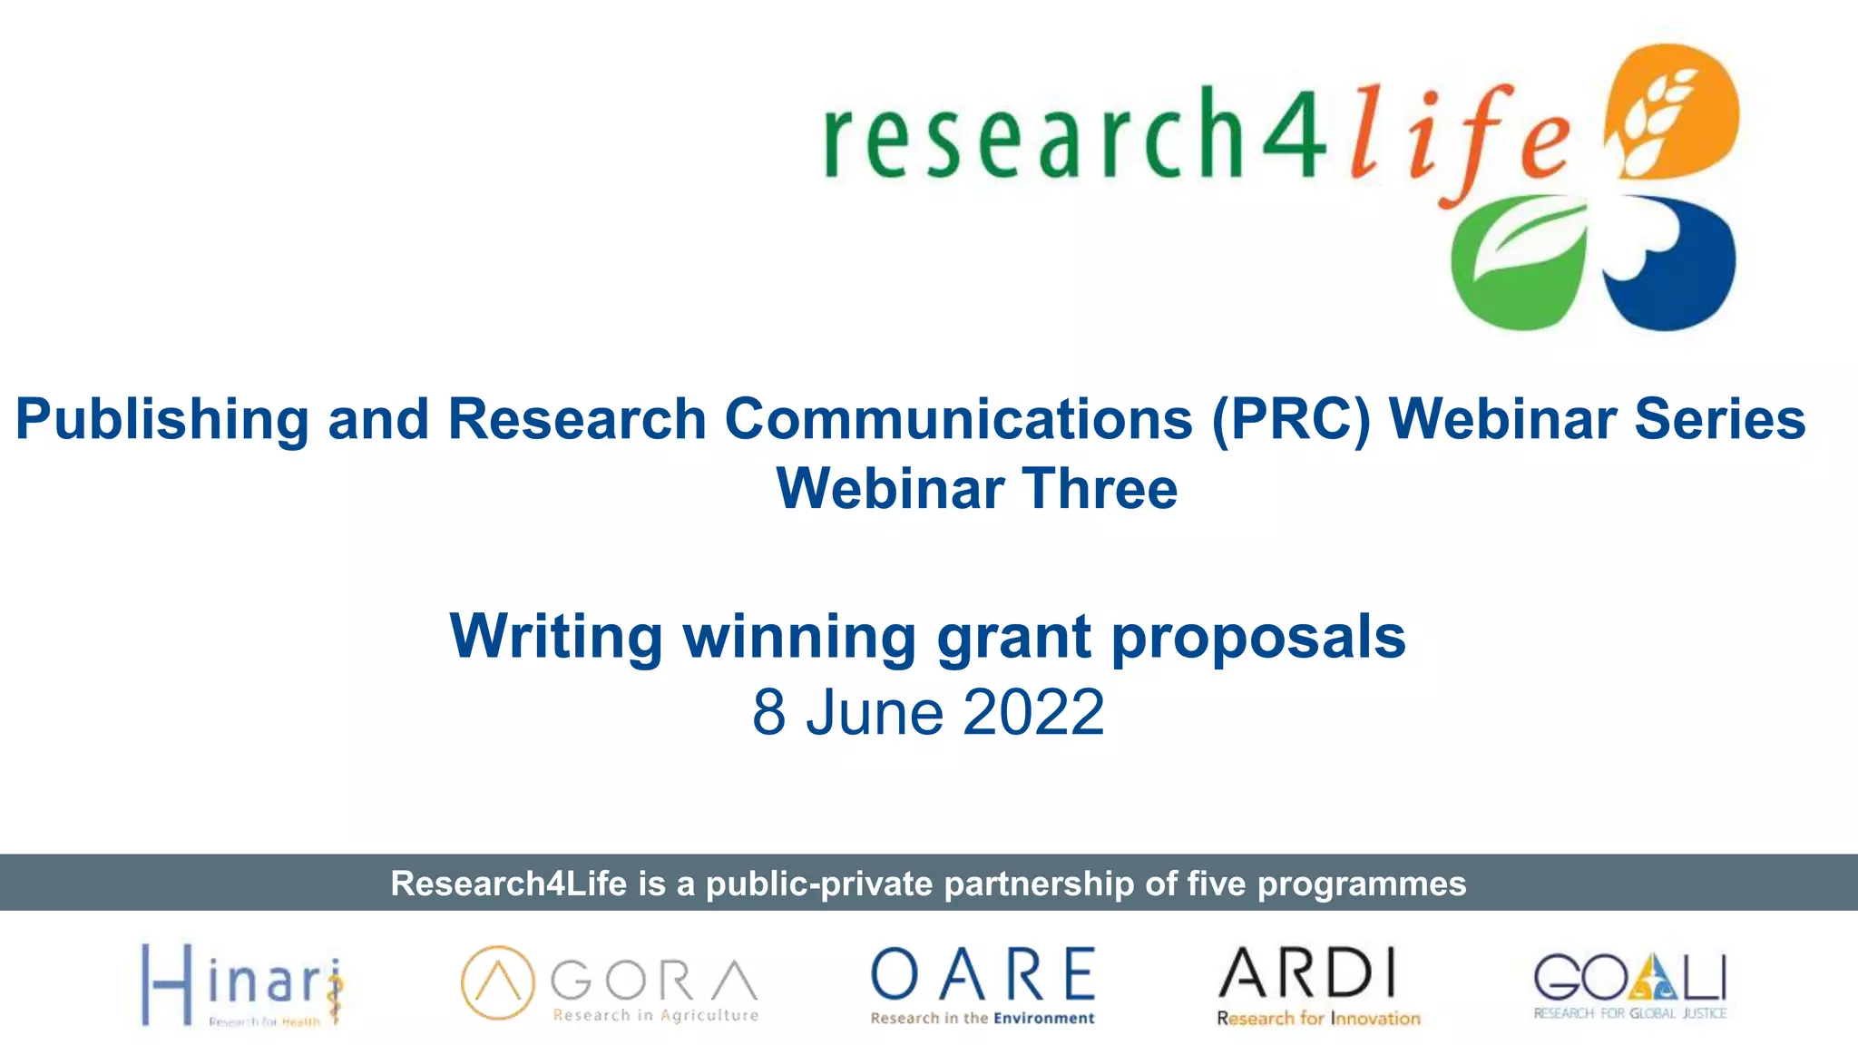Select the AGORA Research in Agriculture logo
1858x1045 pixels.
609,985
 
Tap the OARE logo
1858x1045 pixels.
983,985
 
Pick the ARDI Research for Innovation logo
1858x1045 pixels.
1317,985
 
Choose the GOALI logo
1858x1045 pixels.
1630,985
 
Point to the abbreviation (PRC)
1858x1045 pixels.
1291,420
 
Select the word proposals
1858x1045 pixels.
1258,637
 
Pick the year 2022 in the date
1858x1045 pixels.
1033,712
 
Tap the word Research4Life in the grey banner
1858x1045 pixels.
508,884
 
